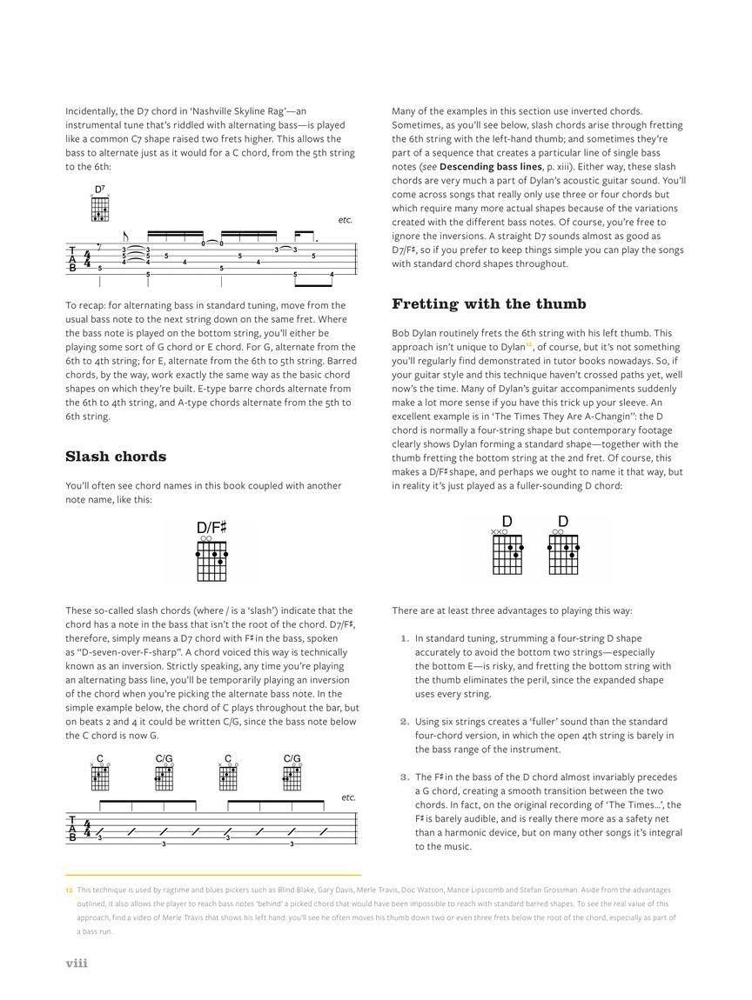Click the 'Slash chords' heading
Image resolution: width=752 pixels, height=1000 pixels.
(116, 457)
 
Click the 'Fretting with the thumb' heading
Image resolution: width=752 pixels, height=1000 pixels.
(488, 303)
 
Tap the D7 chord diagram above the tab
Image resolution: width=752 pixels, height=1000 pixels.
(100, 210)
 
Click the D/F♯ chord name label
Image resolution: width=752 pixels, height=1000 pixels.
(211, 528)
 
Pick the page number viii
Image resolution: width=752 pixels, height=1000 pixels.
(77, 963)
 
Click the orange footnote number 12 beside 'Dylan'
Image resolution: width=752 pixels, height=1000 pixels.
(529, 344)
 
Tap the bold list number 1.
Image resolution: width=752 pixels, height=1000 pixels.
(404, 638)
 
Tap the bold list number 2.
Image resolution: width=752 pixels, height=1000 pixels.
(404, 721)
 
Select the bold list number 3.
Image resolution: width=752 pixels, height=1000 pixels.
(404, 777)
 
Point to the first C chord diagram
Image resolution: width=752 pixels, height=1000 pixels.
(100, 777)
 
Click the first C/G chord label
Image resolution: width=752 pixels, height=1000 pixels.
(164, 759)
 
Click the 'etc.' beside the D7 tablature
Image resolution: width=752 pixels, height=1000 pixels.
(346, 220)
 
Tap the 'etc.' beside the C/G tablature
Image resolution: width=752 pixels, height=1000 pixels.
(349, 797)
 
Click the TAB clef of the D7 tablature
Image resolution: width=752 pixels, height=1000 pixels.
(73, 259)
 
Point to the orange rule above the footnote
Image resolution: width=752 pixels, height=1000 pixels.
(213, 875)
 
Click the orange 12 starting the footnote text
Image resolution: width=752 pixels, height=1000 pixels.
(69, 890)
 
